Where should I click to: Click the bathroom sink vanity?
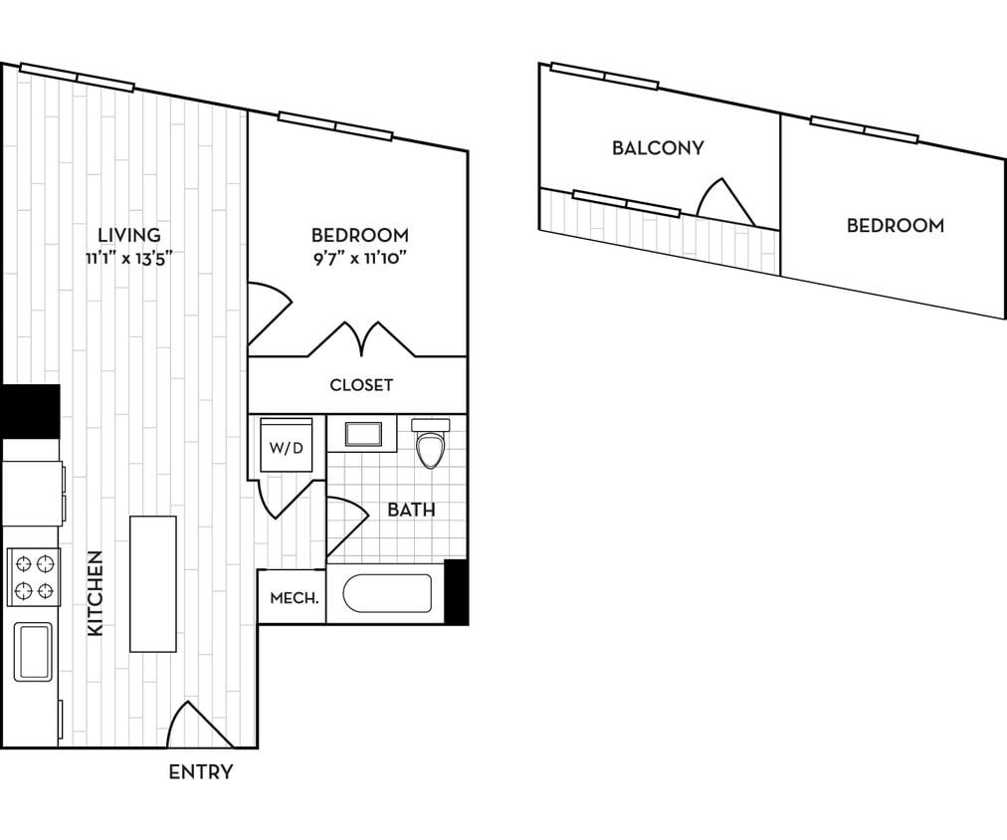(362, 435)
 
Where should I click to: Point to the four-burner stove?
(34, 577)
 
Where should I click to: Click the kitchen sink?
(33, 651)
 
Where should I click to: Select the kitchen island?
(153, 583)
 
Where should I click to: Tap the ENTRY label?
(201, 772)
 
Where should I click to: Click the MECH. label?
(295, 598)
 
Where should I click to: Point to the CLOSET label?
(361, 385)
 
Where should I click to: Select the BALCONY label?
(658, 148)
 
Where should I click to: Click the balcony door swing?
(723, 202)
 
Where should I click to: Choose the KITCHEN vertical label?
(96, 593)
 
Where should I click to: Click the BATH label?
(411, 510)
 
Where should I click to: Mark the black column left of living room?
(30, 410)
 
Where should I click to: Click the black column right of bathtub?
(456, 592)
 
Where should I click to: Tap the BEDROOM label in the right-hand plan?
(895, 226)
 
